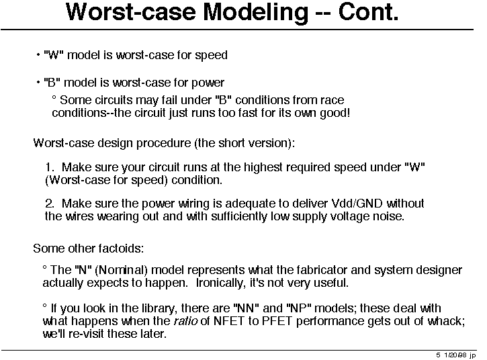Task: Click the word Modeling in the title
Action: pos(255,13)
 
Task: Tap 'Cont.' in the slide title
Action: pos(368,12)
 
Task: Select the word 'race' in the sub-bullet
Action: pos(333,100)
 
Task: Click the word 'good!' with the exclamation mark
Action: pos(335,113)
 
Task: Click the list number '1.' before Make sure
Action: pos(50,167)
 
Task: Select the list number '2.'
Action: pos(50,204)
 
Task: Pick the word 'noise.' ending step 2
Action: pos(390,216)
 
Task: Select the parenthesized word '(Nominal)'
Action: pos(121,270)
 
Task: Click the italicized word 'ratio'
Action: pos(185,321)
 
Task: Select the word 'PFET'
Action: pos(277,321)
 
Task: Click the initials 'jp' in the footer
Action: pos(472,355)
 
